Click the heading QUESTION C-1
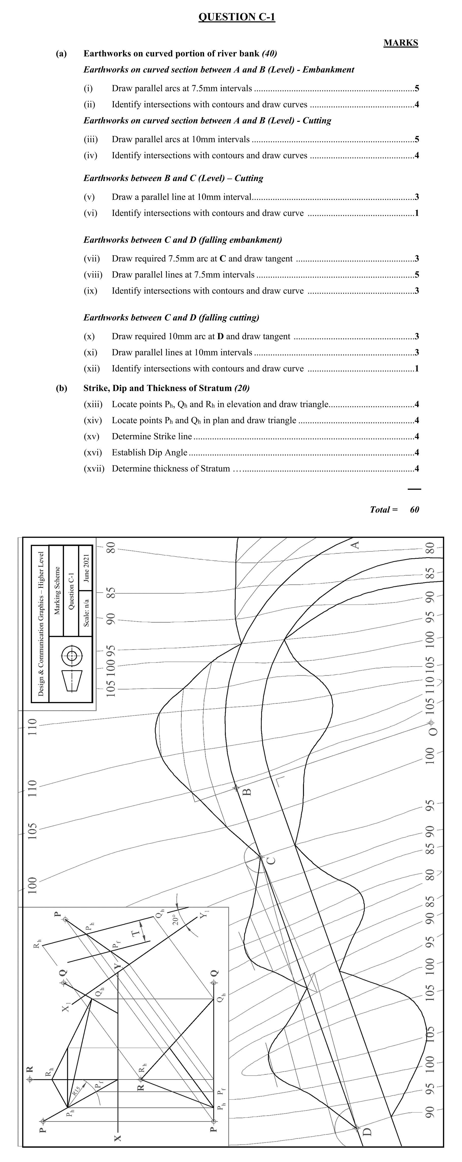(237, 17)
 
